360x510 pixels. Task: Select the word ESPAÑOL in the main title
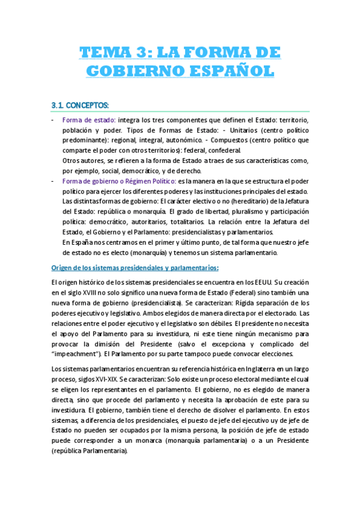point(224,71)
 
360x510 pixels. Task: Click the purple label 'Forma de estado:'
point(90,120)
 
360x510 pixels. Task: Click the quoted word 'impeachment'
point(75,354)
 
